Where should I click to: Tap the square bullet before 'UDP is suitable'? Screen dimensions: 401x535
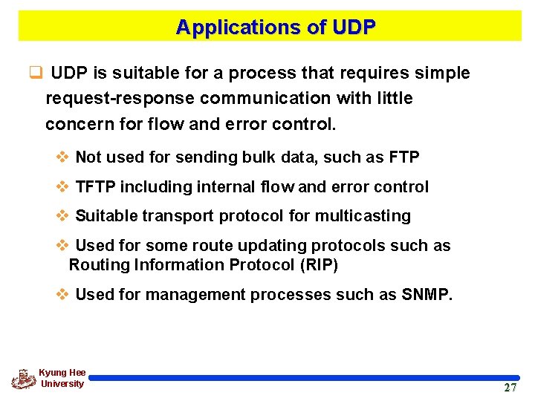(x=34, y=74)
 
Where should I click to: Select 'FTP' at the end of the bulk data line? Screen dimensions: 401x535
(x=404, y=157)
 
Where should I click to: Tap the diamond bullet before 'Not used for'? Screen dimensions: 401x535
(x=63, y=157)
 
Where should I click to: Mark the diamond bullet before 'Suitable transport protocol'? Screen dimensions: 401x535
(x=63, y=216)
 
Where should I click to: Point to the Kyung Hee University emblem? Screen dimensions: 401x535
(x=23, y=379)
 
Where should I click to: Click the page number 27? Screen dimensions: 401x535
(x=510, y=388)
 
